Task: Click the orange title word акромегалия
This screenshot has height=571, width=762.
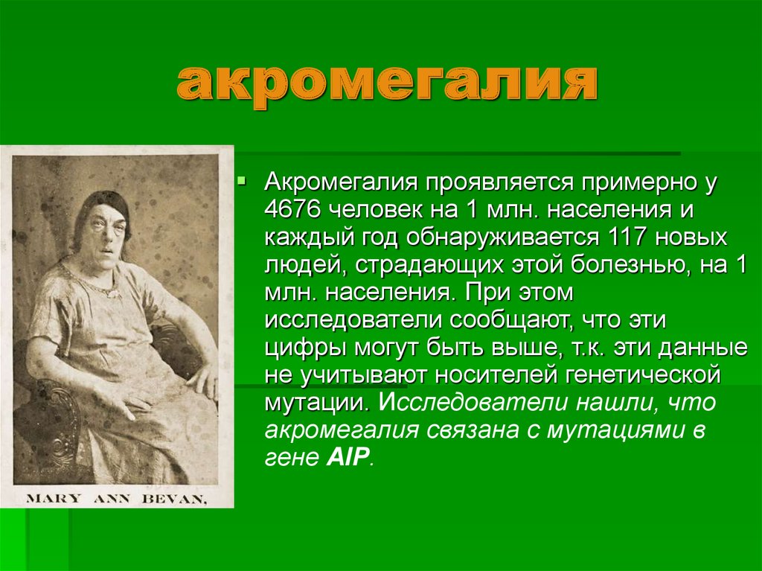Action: click(x=387, y=83)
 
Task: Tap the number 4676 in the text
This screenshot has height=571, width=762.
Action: click(x=292, y=209)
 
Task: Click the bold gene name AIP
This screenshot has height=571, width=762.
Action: click(x=346, y=457)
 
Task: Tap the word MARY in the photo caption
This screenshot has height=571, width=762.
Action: click(x=54, y=499)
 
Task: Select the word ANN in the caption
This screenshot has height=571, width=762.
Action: click(x=112, y=499)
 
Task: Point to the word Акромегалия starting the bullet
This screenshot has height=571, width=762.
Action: click(x=341, y=182)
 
